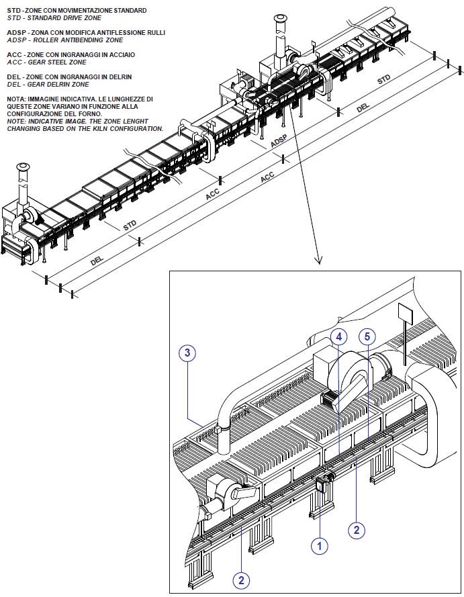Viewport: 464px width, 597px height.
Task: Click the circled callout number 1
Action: (x=320, y=546)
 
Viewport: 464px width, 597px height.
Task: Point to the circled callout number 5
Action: (x=367, y=336)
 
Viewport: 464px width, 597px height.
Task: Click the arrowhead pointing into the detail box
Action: (x=319, y=260)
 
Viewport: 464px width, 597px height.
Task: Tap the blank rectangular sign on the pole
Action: (x=405, y=314)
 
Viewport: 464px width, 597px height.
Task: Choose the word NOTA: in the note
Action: (x=15, y=99)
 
